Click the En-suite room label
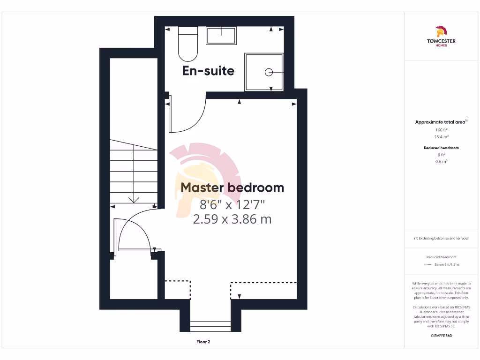pyautogui.click(x=208, y=71)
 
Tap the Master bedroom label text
pyautogui.click(x=232, y=187)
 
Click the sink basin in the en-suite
pyautogui.click(x=221, y=36)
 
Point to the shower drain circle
pyautogui.click(x=269, y=72)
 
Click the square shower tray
pyautogui.click(x=264, y=72)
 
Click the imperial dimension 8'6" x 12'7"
pyautogui.click(x=232, y=204)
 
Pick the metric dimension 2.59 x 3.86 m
pyautogui.click(x=232, y=219)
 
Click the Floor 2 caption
pyautogui.click(x=203, y=342)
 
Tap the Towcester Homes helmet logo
pyautogui.click(x=441, y=32)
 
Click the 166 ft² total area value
pyautogui.click(x=441, y=130)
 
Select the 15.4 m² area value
pyautogui.click(x=441, y=137)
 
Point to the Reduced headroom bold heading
pyautogui.click(x=441, y=148)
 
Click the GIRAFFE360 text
pyautogui.click(x=441, y=336)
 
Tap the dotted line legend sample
pyautogui.click(x=427, y=265)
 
